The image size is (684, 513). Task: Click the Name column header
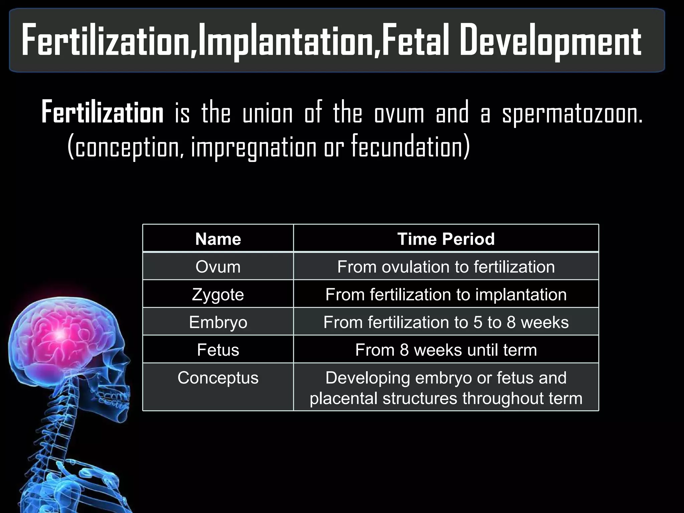[218, 239]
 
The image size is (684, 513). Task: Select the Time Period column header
[446, 239]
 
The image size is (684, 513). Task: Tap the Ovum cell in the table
[218, 267]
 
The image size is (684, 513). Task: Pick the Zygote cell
[218, 295]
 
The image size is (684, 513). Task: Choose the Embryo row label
[218, 322]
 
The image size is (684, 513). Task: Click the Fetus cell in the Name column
[218, 350]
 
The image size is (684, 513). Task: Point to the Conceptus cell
[218, 378]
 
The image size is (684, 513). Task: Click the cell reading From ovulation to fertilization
[446, 267]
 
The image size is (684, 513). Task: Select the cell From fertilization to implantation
[446, 295]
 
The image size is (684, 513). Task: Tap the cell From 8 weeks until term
[446, 350]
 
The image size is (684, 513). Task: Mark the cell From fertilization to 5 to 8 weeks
[446, 322]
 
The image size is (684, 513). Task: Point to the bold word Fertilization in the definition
[103, 113]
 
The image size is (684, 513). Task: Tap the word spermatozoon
[572, 114]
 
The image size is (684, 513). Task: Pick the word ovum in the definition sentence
[399, 114]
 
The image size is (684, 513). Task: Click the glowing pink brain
[60, 334]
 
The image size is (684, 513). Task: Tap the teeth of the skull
[114, 399]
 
